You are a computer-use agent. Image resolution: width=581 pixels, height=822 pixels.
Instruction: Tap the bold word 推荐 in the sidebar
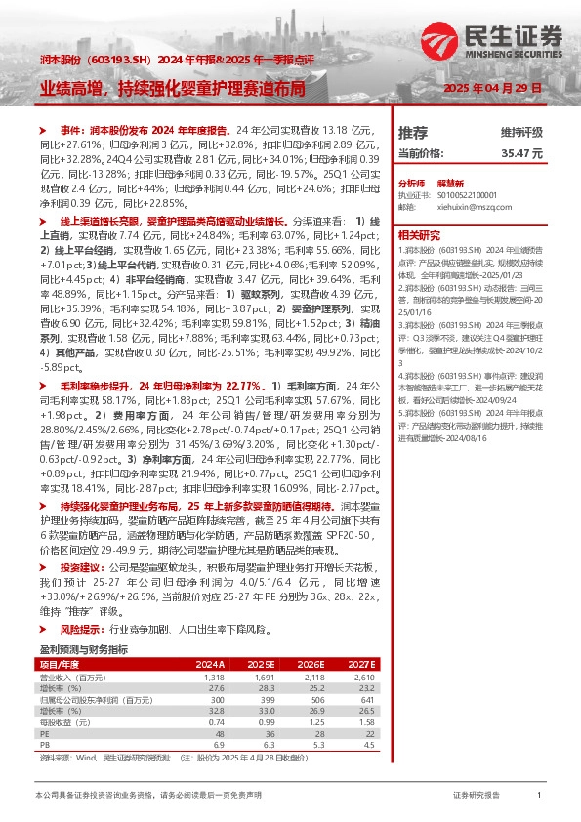(x=413, y=132)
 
